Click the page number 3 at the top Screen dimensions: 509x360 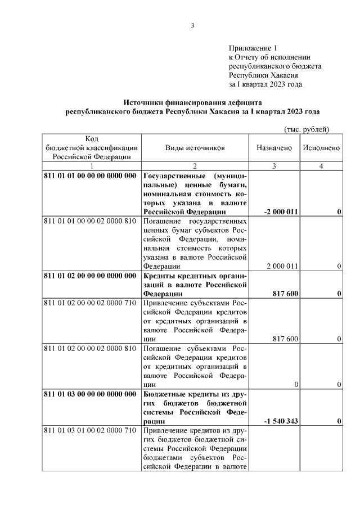pos(192,26)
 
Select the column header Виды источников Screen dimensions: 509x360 pos(195,148)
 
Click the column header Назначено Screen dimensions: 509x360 pos(274,148)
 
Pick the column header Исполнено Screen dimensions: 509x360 pos(321,148)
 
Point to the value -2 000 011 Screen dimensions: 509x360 pos(281,212)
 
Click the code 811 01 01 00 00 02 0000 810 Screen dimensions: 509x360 pos(90,221)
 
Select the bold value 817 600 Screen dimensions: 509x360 pos(285,294)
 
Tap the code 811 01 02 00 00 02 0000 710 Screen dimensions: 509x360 pos(90,303)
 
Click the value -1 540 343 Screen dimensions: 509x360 pos(281,421)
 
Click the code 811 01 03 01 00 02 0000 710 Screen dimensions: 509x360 pos(90,430)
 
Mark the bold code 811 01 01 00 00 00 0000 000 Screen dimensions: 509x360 pos(90,175)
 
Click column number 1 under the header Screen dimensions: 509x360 pos(91,166)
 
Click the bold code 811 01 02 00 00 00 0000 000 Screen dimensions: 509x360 pos(90,275)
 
